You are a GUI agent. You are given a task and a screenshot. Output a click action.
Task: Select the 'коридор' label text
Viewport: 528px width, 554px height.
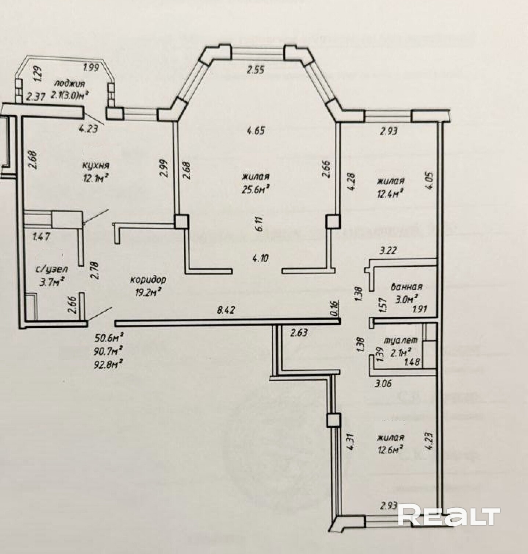pyautogui.click(x=148, y=280)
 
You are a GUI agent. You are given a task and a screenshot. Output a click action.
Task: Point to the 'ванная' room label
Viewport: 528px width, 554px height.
pyautogui.click(x=406, y=287)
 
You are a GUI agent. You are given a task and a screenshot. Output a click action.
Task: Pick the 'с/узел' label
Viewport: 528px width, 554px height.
pyautogui.click(x=52, y=269)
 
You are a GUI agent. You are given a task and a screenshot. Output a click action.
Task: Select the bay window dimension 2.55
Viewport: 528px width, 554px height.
pyautogui.click(x=256, y=70)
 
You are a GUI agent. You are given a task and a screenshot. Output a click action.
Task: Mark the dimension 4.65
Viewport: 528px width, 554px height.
pyautogui.click(x=256, y=130)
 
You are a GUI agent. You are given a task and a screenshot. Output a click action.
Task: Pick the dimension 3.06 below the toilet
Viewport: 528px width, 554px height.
pyautogui.click(x=383, y=384)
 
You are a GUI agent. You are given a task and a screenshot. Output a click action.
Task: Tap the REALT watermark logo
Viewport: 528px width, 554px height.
pyautogui.click(x=449, y=516)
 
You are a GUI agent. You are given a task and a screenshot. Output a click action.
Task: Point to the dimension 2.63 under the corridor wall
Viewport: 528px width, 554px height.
pyautogui.click(x=299, y=333)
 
